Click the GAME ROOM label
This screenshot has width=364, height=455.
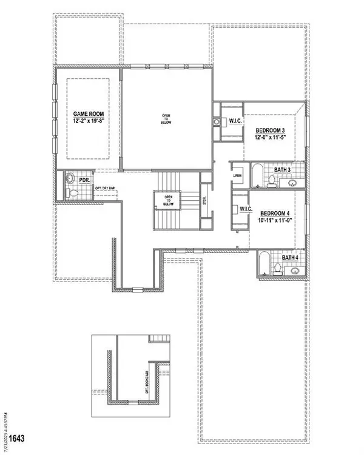[86, 113]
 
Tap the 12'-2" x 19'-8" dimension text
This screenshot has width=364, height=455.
[86, 121]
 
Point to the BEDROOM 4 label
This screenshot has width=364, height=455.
[278, 214]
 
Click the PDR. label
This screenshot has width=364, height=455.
[83, 180]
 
